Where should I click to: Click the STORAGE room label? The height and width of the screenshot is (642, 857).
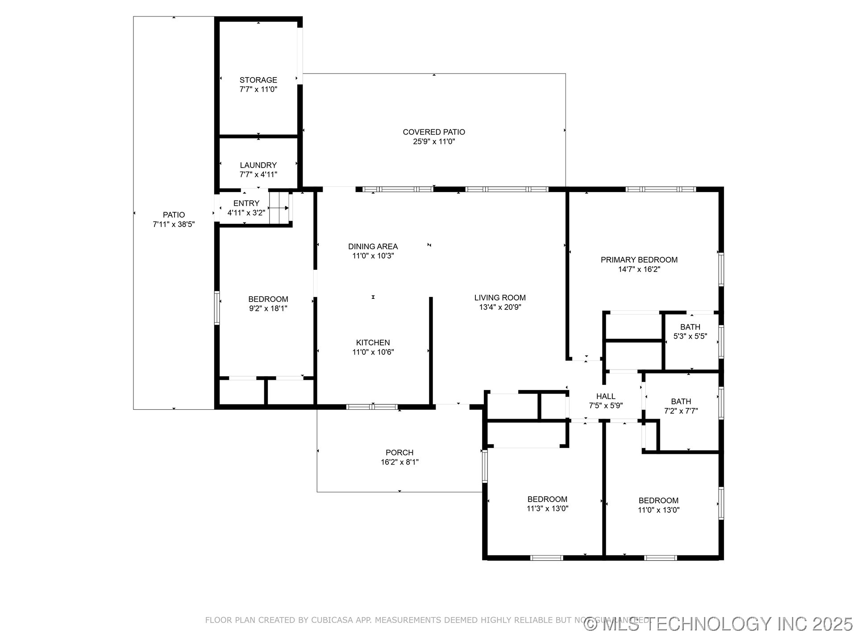[x=258, y=80]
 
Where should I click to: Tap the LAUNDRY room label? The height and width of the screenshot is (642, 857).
[x=258, y=165]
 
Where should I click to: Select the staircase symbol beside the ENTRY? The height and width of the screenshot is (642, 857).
[x=279, y=208]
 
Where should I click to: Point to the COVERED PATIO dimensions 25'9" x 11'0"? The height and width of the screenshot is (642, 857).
[x=434, y=142]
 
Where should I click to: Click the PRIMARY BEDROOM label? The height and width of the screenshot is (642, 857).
[x=639, y=260]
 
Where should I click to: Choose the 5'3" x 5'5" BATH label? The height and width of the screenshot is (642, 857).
[x=690, y=327]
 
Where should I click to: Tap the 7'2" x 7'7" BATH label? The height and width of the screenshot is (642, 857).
[x=681, y=402]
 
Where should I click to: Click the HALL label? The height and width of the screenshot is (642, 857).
[x=606, y=396]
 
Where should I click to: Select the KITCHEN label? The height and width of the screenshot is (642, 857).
[x=373, y=343]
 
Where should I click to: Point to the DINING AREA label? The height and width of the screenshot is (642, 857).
[x=373, y=247]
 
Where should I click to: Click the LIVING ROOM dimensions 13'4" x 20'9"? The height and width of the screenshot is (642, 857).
[x=500, y=307]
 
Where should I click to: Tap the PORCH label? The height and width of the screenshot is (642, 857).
[x=399, y=453]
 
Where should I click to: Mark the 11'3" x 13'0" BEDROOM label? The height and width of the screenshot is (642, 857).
[x=547, y=499]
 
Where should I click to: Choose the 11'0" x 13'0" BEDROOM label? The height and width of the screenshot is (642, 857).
[x=658, y=501]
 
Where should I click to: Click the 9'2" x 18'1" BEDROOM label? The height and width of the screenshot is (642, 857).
[x=268, y=299]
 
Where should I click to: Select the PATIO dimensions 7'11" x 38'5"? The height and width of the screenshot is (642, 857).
[x=174, y=225]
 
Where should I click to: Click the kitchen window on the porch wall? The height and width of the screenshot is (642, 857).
[x=372, y=407]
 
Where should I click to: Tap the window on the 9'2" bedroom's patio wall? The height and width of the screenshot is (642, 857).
[x=217, y=308]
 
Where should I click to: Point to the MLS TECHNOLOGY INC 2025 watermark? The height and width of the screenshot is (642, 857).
[x=719, y=624]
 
